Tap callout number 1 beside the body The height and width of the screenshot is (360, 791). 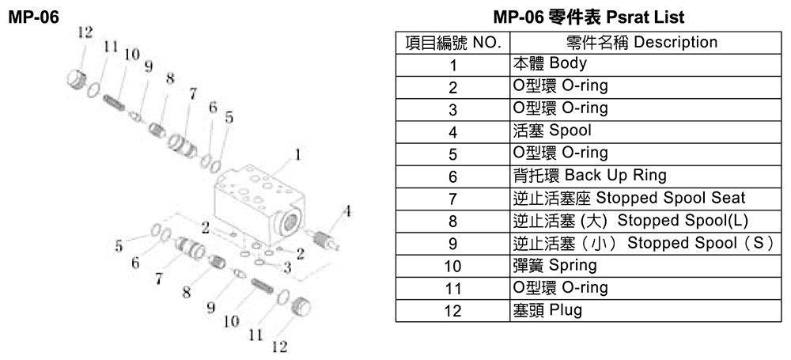click(297, 156)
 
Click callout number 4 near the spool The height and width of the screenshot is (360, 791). click(346, 210)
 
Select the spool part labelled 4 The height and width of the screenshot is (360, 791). click(324, 239)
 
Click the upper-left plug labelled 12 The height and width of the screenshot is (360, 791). click(76, 80)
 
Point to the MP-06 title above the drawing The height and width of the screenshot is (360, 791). click(34, 17)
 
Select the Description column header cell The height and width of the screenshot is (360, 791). click(645, 43)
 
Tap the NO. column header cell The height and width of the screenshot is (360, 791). click(453, 43)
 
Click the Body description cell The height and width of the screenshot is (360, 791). click(645, 65)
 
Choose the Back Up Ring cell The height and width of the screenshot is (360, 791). click(645, 176)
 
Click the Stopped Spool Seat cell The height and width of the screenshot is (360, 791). click(645, 199)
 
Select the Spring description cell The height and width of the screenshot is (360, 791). click(645, 266)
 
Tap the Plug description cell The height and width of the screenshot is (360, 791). click(645, 310)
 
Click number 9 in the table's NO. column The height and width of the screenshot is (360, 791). click(452, 244)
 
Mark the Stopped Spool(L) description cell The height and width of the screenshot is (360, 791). click(645, 222)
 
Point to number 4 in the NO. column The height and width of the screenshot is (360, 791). click(452, 132)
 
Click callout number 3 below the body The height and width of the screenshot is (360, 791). click(287, 267)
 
